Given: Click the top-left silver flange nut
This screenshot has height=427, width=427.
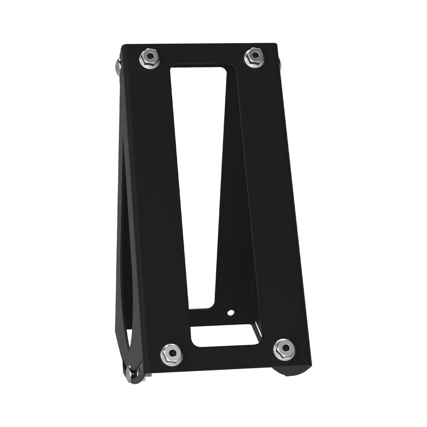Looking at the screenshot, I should (149, 58).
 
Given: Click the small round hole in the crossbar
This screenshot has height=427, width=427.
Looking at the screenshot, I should (230, 312).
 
